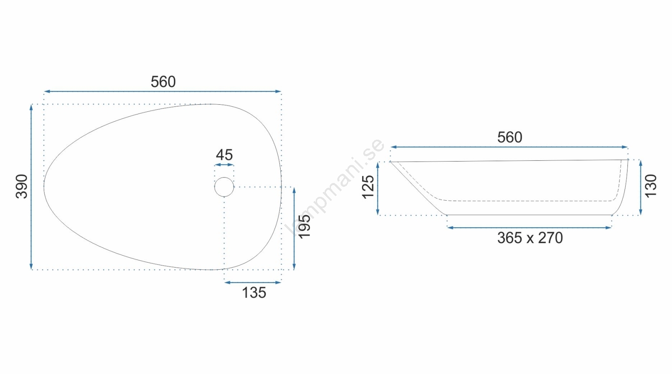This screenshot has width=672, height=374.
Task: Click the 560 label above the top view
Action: [163, 82]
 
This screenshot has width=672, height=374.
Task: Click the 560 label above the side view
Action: [510, 138]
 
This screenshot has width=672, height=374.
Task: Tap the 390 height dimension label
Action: [21, 186]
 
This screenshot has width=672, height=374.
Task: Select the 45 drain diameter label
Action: [224, 155]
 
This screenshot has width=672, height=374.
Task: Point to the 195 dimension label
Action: [304, 227]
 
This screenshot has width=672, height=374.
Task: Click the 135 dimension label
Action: [254, 293]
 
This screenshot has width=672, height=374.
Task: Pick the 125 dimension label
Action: [368, 187]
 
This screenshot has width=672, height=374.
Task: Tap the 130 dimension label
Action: [651, 186]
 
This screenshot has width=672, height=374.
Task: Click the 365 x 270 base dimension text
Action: [530, 238]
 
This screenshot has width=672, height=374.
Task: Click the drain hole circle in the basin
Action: [224, 177]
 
